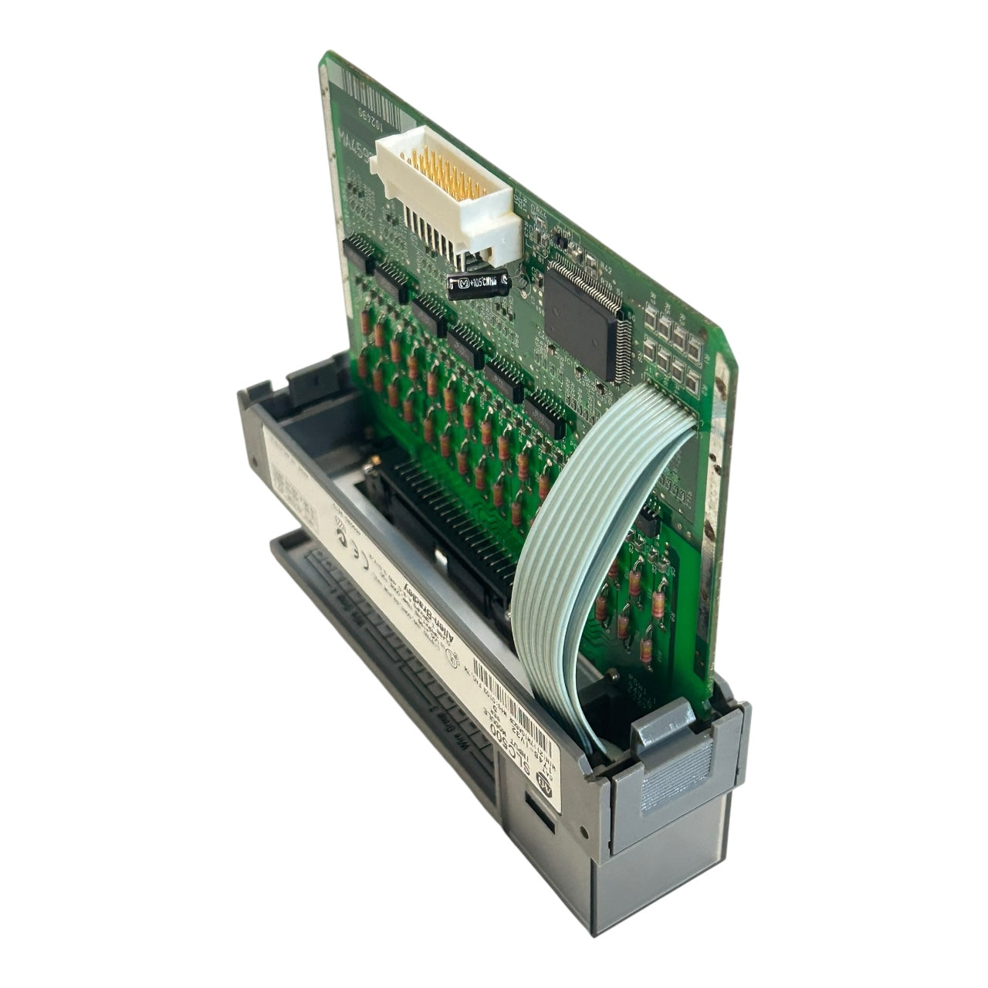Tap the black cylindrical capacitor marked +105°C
point(479,284)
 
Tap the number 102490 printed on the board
point(370,116)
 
